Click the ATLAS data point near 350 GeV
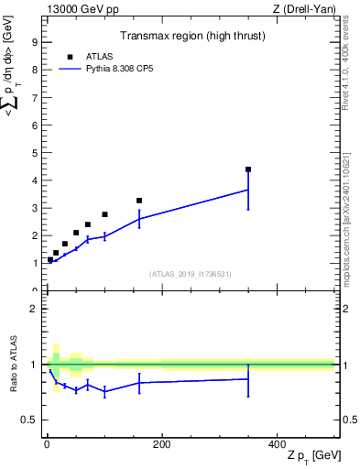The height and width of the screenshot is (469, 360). [x=248, y=169]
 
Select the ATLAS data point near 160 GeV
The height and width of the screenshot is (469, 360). [x=139, y=201]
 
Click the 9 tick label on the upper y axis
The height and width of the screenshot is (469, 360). [x=35, y=42]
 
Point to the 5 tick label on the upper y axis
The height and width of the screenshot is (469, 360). [x=35, y=153]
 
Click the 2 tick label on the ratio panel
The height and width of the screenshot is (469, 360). [x=35, y=309]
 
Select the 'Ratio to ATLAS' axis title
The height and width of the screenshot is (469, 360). [x=13, y=364]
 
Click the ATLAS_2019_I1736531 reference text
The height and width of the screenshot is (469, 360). [x=190, y=274]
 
